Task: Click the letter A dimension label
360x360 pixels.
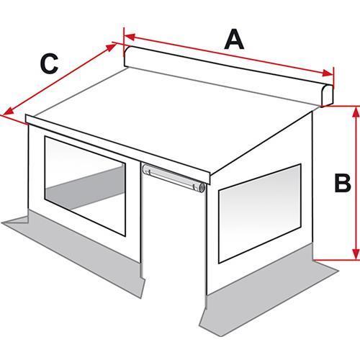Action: [x=234, y=40]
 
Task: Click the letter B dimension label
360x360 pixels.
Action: [x=343, y=183]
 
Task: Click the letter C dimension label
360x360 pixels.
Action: [x=50, y=63]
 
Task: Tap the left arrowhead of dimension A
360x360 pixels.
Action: [x=130, y=37]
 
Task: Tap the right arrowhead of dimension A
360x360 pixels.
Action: [x=328, y=73]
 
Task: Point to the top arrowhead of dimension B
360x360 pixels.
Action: [x=355, y=112]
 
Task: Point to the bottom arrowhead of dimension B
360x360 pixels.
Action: [x=355, y=254]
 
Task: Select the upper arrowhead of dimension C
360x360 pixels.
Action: [x=111, y=47]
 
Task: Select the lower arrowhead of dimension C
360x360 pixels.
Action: [x=9, y=112]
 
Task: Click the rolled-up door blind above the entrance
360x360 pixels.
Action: [x=174, y=177]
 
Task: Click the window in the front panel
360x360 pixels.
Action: [x=85, y=186]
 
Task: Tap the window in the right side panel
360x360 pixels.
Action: [x=259, y=213]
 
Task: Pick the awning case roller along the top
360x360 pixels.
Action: [x=228, y=76]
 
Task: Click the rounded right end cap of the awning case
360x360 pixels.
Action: [x=328, y=95]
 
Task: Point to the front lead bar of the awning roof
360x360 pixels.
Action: [x=117, y=149]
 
